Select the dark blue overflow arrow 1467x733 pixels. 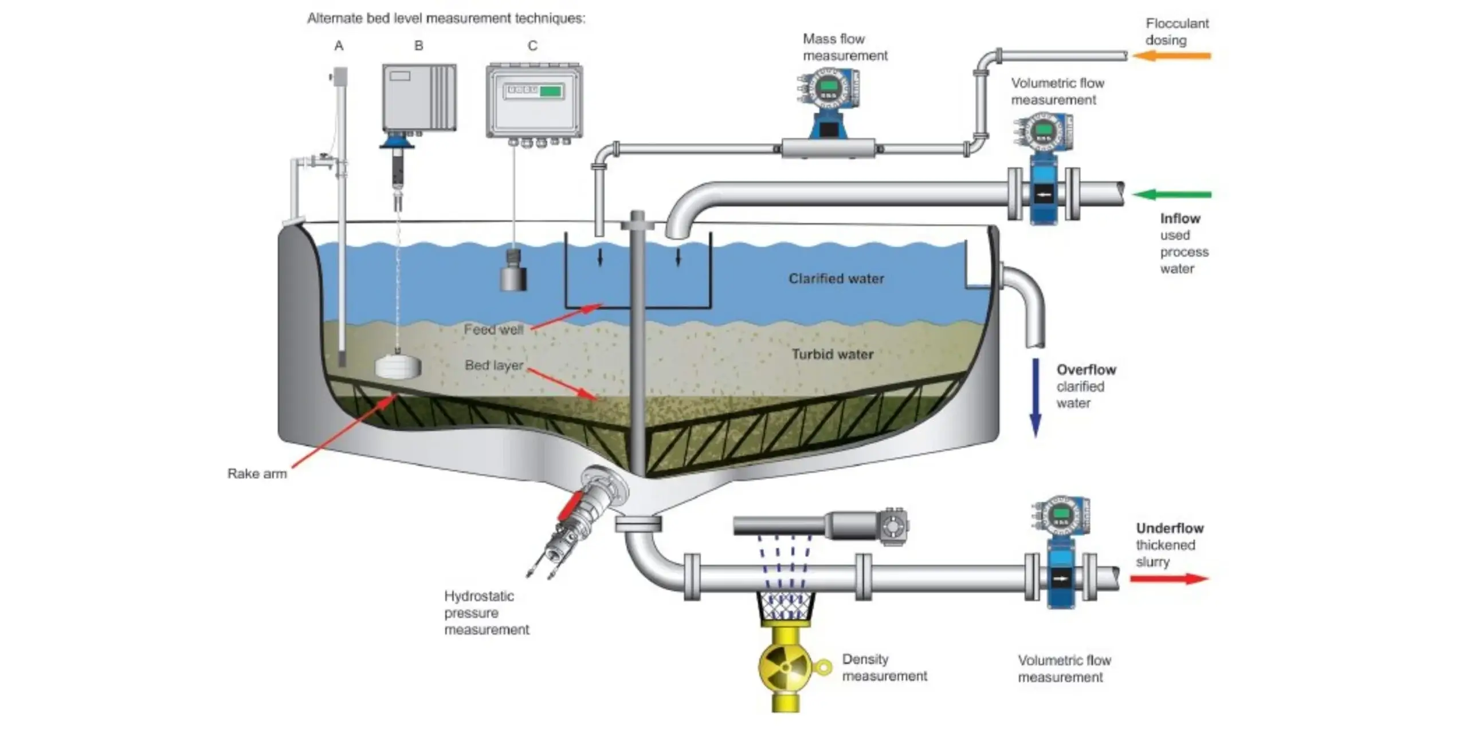1035,398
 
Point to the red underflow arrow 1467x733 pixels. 1169,578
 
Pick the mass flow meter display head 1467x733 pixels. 827,88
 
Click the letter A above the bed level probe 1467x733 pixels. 339,46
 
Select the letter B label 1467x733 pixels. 419,46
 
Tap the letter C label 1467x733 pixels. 532,46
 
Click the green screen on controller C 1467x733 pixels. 551,91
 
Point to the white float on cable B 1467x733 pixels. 398,367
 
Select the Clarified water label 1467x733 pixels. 836,279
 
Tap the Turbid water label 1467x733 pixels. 833,354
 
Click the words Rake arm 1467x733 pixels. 257,474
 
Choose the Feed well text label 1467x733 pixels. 493,330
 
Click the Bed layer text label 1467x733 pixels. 494,365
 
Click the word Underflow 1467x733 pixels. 1170,528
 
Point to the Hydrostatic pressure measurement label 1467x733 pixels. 487,613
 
